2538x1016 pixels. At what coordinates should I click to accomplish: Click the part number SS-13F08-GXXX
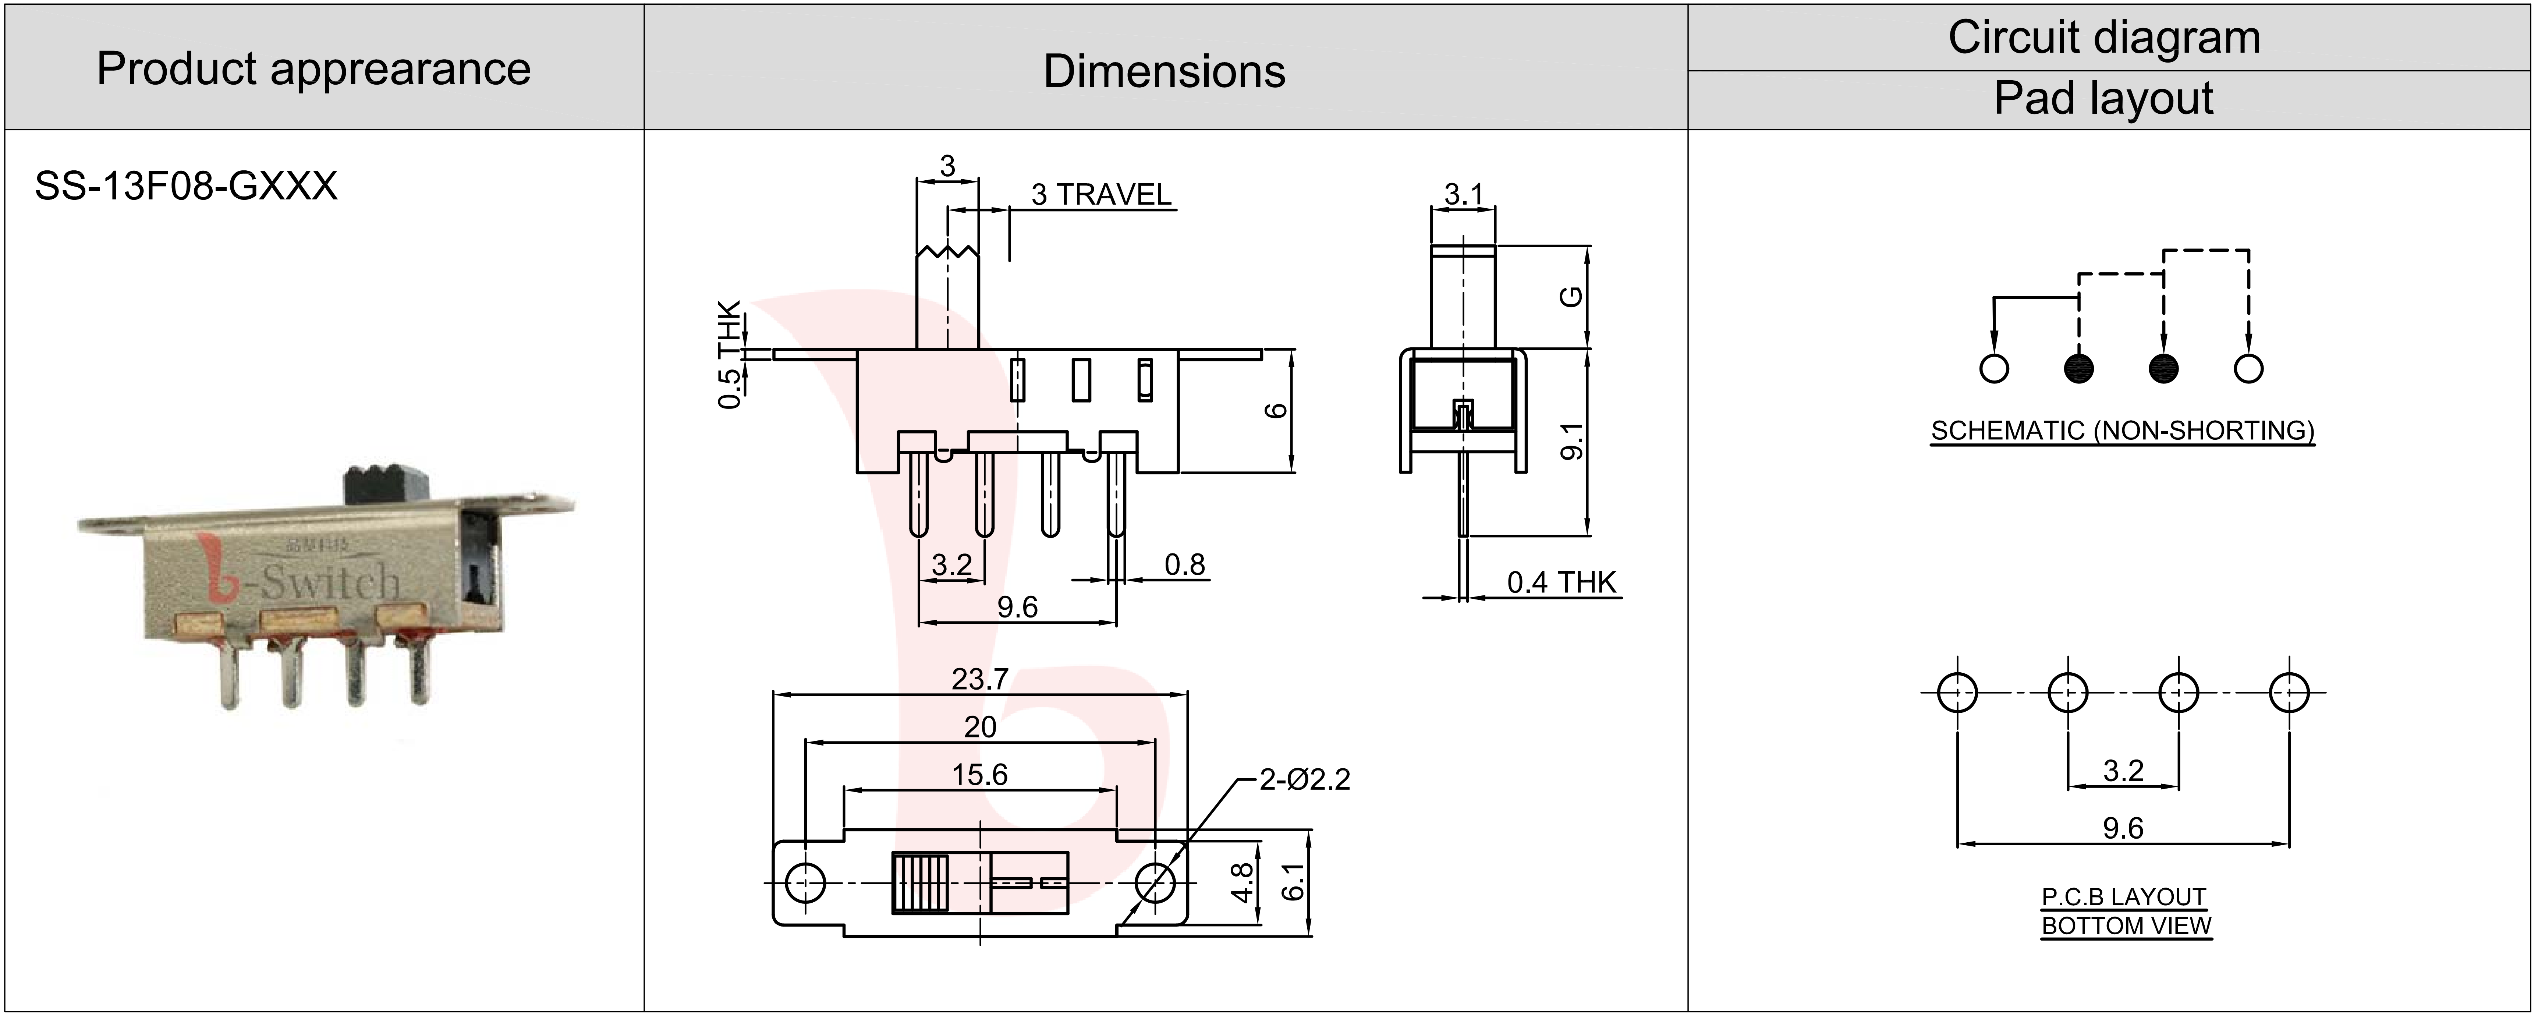186,185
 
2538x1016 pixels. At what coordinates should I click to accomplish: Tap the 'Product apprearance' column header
313,69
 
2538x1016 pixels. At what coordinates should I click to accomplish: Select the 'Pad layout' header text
2103,99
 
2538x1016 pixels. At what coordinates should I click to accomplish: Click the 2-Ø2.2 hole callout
1304,779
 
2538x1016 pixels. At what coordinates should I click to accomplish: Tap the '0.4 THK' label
1562,583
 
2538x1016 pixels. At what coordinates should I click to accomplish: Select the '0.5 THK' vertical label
729,354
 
